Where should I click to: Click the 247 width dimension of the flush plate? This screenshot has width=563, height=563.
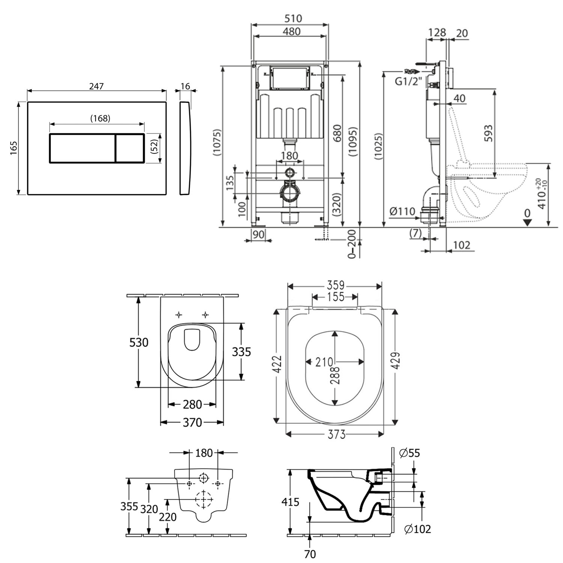(x=96, y=86)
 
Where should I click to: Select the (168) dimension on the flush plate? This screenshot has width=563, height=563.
(x=100, y=118)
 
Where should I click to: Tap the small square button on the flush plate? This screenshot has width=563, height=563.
(x=129, y=148)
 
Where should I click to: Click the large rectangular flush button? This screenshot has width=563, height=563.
(x=82, y=148)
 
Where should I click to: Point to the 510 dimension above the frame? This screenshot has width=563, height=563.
(x=293, y=18)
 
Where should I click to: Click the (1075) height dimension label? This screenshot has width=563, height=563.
(x=217, y=143)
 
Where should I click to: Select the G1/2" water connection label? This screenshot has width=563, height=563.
(x=409, y=81)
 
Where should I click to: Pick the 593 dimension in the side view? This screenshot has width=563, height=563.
(x=488, y=133)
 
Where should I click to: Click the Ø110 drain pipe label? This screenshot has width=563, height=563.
(x=403, y=212)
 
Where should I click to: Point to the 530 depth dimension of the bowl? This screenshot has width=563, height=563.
(x=139, y=342)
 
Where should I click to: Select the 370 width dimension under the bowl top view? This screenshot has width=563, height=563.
(x=192, y=423)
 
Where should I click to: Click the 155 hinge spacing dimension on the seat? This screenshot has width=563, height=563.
(x=335, y=297)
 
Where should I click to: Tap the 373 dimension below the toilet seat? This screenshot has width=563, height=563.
(x=336, y=435)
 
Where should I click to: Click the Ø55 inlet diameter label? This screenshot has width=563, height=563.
(x=409, y=453)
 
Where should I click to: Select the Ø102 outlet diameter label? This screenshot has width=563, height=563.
(x=417, y=529)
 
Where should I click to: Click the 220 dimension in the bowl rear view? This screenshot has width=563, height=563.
(x=168, y=517)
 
